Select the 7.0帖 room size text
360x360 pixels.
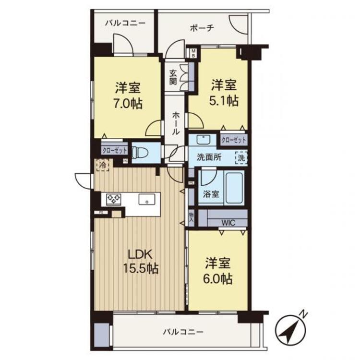click(x=129, y=104)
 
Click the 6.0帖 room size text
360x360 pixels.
click(x=219, y=278)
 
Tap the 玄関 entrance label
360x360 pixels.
click(x=173, y=77)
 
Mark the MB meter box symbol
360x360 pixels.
click(x=193, y=52)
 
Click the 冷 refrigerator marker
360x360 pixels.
click(x=103, y=164)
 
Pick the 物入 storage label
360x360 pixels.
click(x=191, y=217)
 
